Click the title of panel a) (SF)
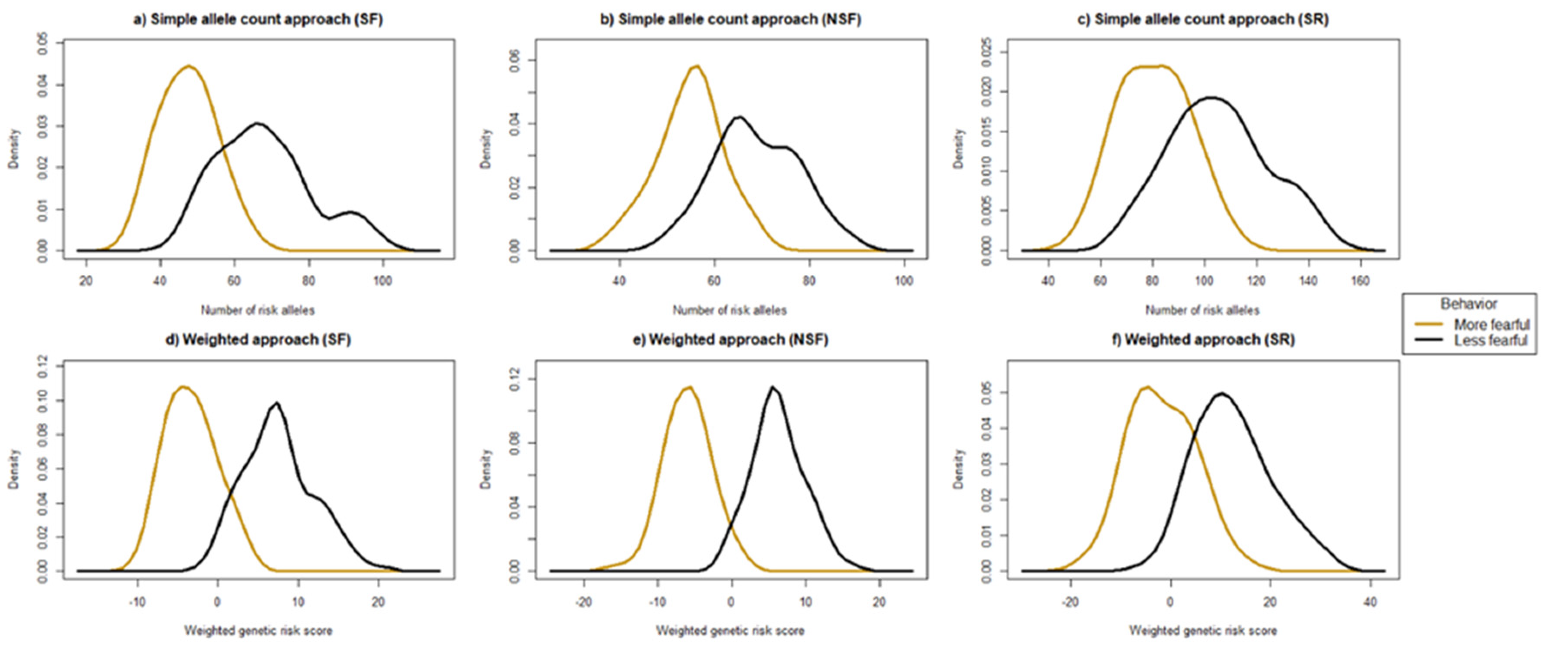pos(258,19)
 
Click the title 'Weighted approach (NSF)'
pos(730,340)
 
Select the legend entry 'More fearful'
pos(1491,325)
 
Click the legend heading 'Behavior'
pos(1469,304)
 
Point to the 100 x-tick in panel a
pos(383,281)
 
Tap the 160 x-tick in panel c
pos(1361,281)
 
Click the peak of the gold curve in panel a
pos(189,66)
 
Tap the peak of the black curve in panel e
pos(772,387)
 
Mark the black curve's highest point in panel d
pos(276,403)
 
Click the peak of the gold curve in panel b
pos(697,66)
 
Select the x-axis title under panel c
pos(1202,310)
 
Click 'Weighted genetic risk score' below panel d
pos(258,631)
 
